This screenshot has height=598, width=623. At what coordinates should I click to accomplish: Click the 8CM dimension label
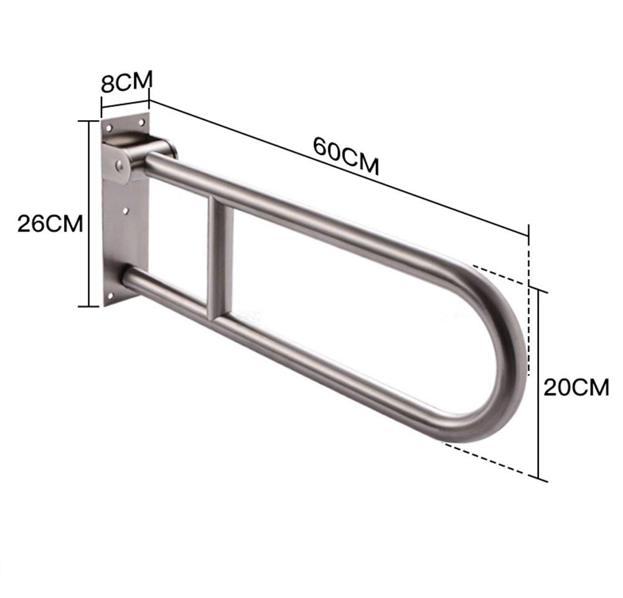[126, 82]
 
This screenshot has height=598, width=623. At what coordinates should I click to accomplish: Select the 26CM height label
[50, 223]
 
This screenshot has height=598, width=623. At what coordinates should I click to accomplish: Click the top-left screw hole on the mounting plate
[108, 128]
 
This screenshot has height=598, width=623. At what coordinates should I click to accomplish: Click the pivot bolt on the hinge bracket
[118, 167]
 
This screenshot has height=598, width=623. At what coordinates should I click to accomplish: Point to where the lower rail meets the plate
[128, 277]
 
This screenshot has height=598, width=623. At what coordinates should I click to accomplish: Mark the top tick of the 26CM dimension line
[89, 121]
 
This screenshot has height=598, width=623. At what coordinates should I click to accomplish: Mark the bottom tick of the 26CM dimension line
[89, 306]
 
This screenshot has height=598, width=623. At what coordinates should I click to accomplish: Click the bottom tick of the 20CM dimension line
[540, 479]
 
